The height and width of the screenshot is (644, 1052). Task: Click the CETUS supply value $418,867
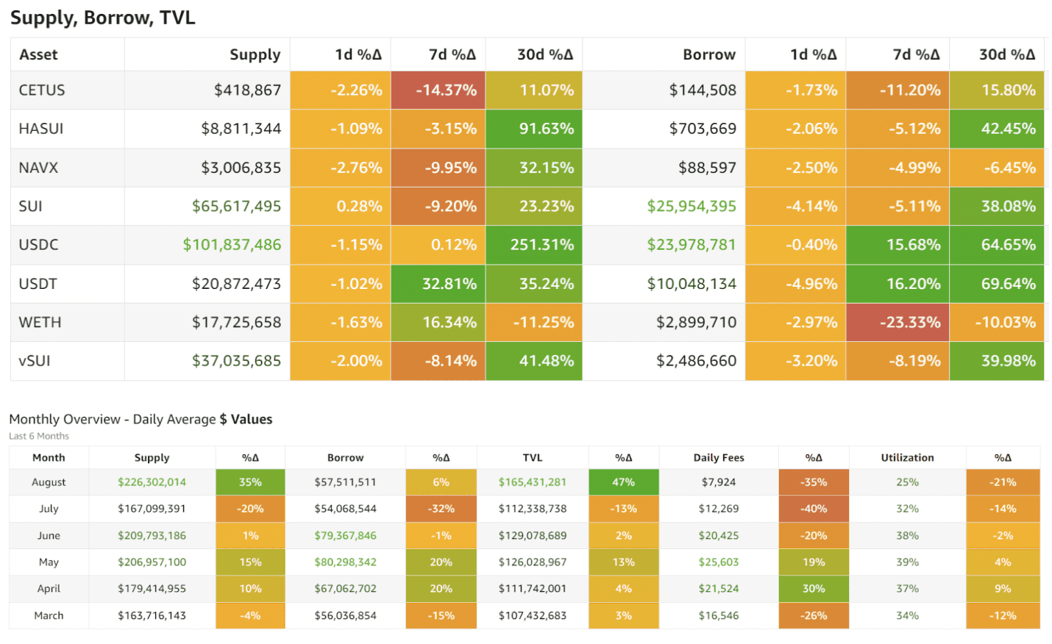coord(247,90)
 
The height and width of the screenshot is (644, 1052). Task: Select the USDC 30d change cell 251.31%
coord(542,245)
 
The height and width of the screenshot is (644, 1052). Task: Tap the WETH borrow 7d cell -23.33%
coord(910,322)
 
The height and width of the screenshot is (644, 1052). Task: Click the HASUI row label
coord(41,129)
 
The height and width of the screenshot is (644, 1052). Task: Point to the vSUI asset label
coord(35,361)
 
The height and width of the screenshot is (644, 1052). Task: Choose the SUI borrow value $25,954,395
coord(692,207)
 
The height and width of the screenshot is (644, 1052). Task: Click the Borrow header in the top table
coord(708,54)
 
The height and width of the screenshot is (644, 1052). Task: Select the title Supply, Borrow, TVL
coord(103,18)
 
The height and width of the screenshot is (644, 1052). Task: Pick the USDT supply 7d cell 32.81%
coord(449,284)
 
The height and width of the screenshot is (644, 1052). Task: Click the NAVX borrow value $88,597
coord(707,168)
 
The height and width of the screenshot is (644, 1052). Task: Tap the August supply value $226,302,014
coord(152,482)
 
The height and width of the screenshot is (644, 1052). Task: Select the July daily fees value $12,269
coord(718,509)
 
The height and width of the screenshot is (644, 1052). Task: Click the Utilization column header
coord(907,457)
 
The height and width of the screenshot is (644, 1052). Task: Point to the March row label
coord(49,616)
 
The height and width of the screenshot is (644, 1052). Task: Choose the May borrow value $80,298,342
coord(345,562)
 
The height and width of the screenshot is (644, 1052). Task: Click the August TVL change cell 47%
coord(623,482)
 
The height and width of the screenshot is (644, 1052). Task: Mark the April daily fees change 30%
coord(813,589)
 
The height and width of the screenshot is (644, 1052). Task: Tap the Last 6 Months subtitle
coord(39,436)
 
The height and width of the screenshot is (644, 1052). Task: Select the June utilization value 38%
coord(907,536)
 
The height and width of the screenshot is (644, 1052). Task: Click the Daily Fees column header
coord(718,457)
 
